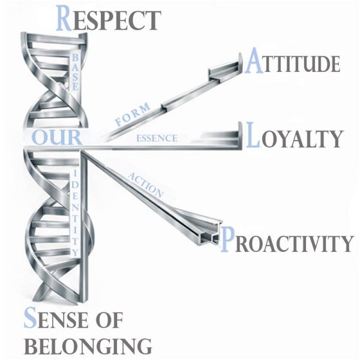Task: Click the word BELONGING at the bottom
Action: [x=87, y=346]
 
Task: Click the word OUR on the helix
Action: [x=57, y=137]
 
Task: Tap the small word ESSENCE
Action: [x=157, y=138]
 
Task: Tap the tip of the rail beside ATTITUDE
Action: [x=238, y=59]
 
